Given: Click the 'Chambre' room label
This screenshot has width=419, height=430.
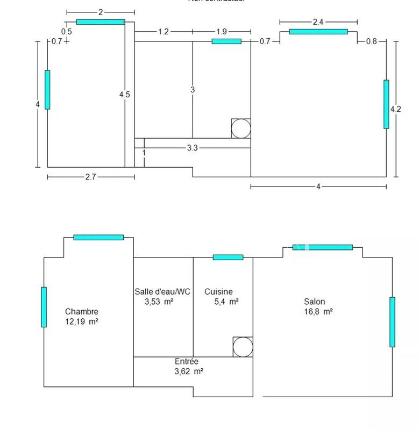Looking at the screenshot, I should coord(82,311).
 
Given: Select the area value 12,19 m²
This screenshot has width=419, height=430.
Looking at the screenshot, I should coord(82,322).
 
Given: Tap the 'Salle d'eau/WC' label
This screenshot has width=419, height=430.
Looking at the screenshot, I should coord(162,292).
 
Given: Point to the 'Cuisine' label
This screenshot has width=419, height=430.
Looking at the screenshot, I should coord(219,292).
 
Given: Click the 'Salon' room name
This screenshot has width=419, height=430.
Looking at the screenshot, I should coord(314,302).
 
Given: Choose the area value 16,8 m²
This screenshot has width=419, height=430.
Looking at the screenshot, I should coord(318,312).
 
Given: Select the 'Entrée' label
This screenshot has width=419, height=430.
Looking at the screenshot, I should coord(187,362).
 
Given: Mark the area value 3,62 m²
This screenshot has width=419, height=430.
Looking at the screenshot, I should coord(189,371).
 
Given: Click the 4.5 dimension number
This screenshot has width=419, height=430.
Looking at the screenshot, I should coord(124,95).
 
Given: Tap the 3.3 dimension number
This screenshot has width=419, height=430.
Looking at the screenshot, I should coord(193,148).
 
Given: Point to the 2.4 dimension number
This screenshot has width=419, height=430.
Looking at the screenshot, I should coord(318,22).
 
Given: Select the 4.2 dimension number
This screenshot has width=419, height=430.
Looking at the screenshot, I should coord(395,109).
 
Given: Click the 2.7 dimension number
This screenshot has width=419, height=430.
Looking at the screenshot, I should coord(90,177).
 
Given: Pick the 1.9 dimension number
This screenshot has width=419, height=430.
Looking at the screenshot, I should coord(221,32).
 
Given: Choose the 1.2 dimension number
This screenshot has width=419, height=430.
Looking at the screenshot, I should coord(164,32).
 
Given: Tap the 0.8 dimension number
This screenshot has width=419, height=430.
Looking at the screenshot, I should coord(371,41).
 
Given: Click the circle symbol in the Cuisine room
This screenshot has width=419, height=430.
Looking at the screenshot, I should coord(243,347).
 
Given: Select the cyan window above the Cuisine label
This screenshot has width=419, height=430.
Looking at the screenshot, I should coord(228,257).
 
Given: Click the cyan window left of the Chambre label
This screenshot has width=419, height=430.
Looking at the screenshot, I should coord(44,307).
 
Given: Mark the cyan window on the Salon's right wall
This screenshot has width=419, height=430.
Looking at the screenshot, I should coord(392,322).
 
